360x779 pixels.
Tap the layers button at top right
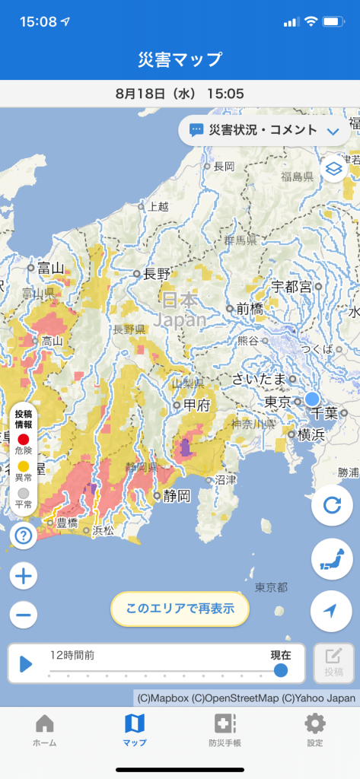[333, 167]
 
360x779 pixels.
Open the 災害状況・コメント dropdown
[263, 130]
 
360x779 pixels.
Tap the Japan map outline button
[332, 558]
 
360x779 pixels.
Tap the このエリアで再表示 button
[180, 608]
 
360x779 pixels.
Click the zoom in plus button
[24, 577]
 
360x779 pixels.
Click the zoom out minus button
[24, 615]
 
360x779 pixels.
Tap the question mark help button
[24, 537]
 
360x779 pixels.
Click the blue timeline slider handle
[281, 669]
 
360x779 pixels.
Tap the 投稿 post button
[333, 663]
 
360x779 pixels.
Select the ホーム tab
[45, 730]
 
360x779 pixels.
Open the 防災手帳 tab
[225, 730]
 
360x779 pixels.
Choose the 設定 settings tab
[314, 730]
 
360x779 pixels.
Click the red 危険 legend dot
[24, 440]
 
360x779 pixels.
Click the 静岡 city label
[174, 496]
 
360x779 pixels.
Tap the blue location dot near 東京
[312, 399]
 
